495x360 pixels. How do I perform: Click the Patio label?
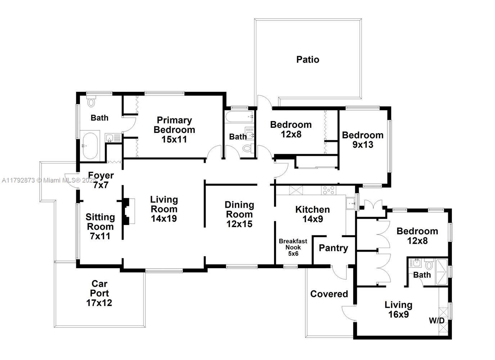308,59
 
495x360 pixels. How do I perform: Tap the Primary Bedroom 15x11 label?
174,130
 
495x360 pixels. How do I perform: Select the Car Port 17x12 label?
99,293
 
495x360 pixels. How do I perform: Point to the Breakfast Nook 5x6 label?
293,247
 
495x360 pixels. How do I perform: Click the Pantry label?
333,248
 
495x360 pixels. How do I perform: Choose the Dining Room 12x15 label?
239,214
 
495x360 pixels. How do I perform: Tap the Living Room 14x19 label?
164,209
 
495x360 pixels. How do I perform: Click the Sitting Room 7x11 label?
100,226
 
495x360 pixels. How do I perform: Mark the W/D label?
437,320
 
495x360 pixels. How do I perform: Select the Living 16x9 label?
399,310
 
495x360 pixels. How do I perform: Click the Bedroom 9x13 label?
363,140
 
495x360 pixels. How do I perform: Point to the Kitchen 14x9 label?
312,214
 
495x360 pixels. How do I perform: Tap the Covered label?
329,294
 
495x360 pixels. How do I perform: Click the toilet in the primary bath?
91,102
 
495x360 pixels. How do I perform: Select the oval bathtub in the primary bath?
90,146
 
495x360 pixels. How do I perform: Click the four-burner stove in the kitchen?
328,190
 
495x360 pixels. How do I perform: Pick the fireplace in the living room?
128,211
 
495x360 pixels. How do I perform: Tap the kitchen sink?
350,204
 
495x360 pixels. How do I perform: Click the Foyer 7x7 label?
101,180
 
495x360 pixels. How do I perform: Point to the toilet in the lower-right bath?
429,266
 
